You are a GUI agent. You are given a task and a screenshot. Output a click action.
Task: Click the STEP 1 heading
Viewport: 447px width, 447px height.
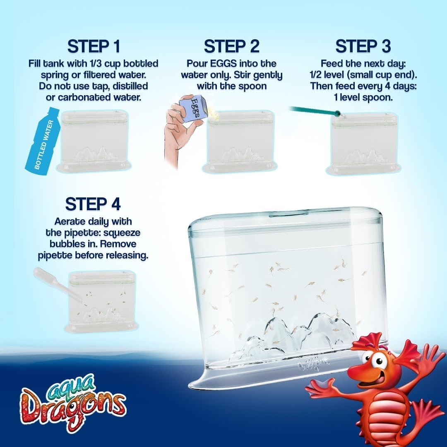pyautogui.click(x=94, y=46)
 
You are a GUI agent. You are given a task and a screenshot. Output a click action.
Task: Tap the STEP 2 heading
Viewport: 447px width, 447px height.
pyautogui.click(x=232, y=46)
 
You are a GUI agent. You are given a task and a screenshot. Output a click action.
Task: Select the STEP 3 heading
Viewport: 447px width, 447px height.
pyautogui.click(x=363, y=46)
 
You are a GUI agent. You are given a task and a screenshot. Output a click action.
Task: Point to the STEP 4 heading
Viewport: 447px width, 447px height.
pyautogui.click(x=93, y=204)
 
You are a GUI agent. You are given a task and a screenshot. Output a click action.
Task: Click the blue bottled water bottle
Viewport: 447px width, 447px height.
pyautogui.click(x=43, y=140)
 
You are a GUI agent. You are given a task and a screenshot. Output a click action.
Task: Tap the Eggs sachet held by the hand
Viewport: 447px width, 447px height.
pyautogui.click(x=191, y=111)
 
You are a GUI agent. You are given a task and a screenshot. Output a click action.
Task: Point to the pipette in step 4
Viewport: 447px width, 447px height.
pyautogui.click(x=58, y=285)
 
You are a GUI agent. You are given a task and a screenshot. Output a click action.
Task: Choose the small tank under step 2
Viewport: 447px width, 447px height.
pyautogui.click(x=240, y=141)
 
